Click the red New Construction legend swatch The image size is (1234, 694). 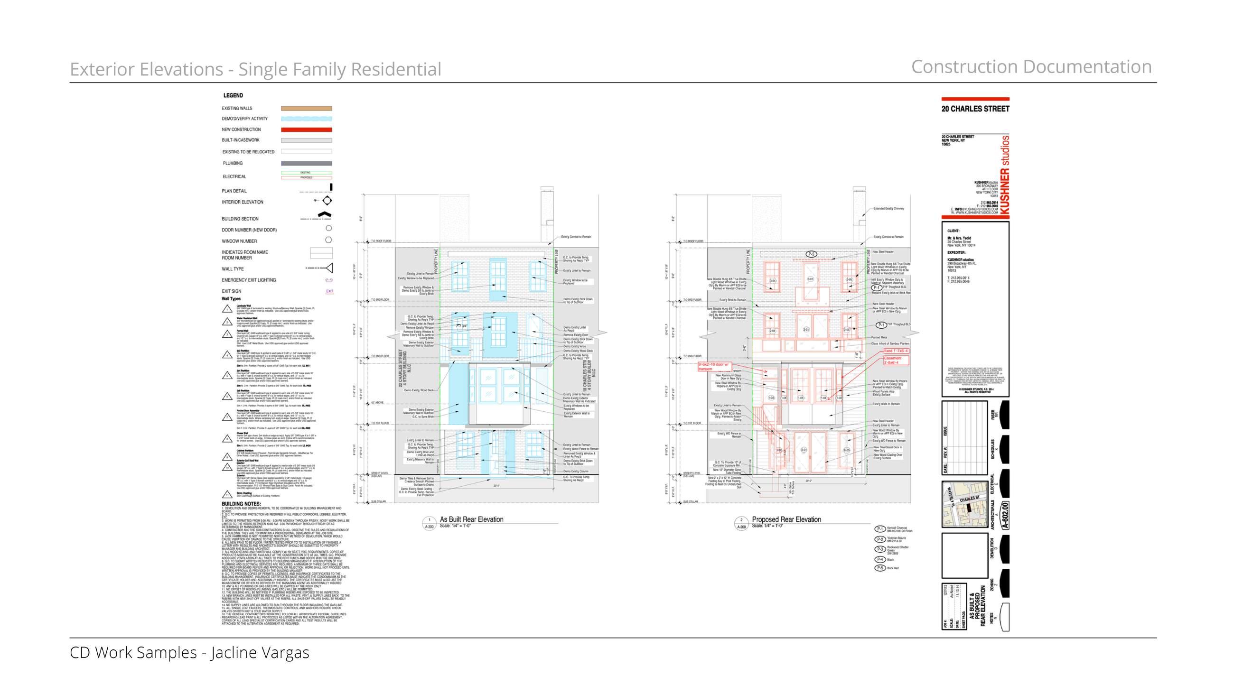(x=306, y=130)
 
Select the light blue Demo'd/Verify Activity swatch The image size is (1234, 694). (x=306, y=119)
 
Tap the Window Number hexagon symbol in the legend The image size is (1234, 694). (x=328, y=240)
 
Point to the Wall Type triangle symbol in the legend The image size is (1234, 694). (x=328, y=268)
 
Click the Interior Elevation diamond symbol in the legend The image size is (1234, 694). (x=327, y=201)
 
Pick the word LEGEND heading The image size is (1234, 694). (x=233, y=95)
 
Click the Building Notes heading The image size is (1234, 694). (x=241, y=504)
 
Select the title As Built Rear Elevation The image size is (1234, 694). (x=471, y=519)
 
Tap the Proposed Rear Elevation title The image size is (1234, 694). (x=786, y=519)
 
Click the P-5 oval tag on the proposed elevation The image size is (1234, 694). (x=811, y=254)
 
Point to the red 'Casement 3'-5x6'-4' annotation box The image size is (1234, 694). (x=893, y=360)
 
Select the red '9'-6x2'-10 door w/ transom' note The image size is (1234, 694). (x=713, y=366)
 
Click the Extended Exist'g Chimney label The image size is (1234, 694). (x=888, y=208)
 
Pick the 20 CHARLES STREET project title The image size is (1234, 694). (x=975, y=109)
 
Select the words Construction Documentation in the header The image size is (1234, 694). (x=1031, y=67)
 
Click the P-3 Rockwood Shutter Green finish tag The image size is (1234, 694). (x=879, y=549)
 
